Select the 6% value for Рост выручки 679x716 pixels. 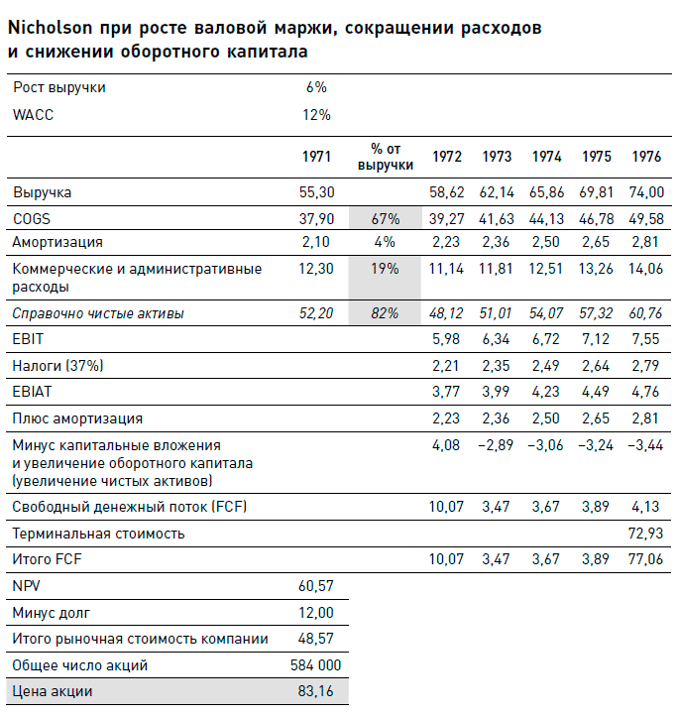point(316,87)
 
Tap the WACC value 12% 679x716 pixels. point(316,115)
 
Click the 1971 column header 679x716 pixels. point(316,157)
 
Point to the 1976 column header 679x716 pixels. point(646,157)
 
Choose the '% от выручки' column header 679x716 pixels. point(385,157)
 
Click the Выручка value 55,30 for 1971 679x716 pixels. point(316,192)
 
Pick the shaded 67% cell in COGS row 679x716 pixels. point(385,218)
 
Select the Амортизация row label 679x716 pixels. point(57,242)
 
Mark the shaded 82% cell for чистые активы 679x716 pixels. point(385,313)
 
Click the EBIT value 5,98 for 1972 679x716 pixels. point(445,338)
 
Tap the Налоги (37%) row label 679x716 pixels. point(57,365)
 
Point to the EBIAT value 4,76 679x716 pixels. point(646,392)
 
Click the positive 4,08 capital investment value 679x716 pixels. point(445,445)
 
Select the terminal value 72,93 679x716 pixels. point(646,534)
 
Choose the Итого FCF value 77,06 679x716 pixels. point(646,560)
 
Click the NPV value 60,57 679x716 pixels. point(316,587)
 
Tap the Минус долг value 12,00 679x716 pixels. point(316,613)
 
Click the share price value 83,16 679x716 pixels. point(316,691)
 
